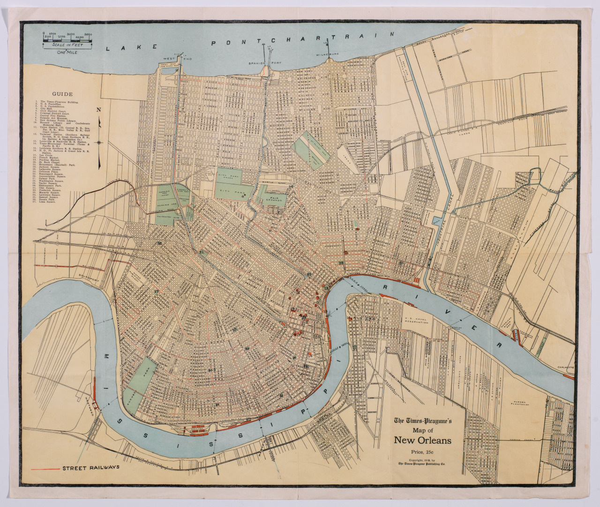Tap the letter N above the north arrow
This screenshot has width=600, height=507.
coord(99,110)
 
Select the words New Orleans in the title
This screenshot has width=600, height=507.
coord(422,440)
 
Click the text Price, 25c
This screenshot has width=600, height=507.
coord(422,452)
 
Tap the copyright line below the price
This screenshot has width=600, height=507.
coord(422,462)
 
